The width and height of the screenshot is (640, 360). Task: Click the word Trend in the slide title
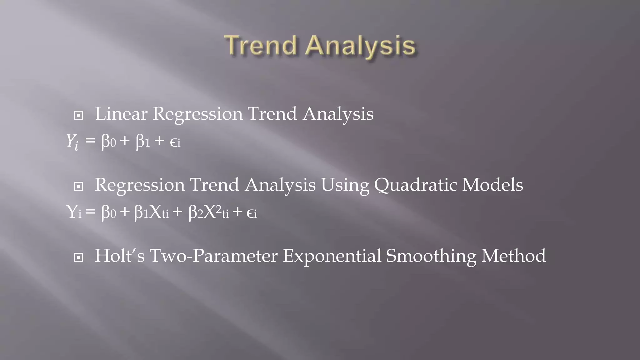pyautogui.click(x=260, y=46)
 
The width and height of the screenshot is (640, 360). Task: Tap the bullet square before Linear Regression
pyautogui.click(x=78, y=115)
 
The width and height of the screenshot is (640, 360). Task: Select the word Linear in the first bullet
pyautogui.click(x=121, y=114)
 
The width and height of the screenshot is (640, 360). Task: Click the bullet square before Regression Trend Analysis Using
pyautogui.click(x=78, y=186)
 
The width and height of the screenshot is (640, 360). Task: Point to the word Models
pyautogui.click(x=492, y=184)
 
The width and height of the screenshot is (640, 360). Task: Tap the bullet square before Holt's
pyautogui.click(x=78, y=257)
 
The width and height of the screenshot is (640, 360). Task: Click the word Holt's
pyautogui.click(x=120, y=256)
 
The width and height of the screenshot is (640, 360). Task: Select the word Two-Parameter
pyautogui.click(x=213, y=256)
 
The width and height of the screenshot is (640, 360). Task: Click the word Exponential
pyautogui.click(x=332, y=256)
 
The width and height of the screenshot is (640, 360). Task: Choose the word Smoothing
pyautogui.click(x=431, y=256)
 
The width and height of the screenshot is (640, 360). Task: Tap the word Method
pyautogui.click(x=513, y=256)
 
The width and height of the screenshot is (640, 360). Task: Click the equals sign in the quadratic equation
pyautogui.click(x=90, y=212)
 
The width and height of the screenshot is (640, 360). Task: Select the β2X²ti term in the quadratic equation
pyautogui.click(x=208, y=212)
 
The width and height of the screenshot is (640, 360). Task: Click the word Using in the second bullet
pyautogui.click(x=345, y=185)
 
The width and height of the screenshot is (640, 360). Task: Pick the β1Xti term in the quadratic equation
pyautogui.click(x=151, y=212)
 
